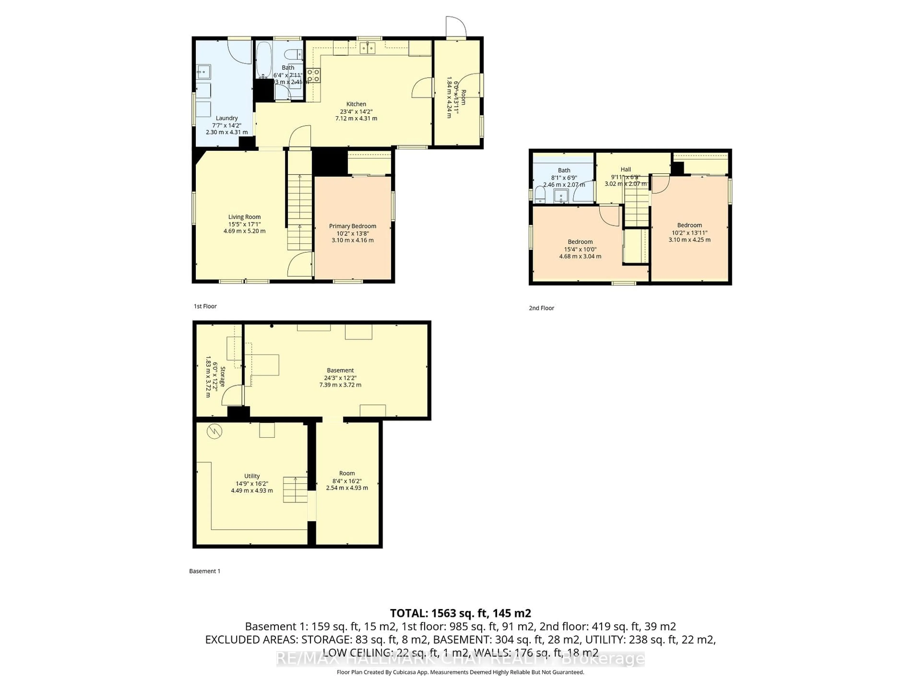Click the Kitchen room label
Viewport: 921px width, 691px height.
pyautogui.click(x=356, y=104)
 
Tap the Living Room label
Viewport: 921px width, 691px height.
pyautogui.click(x=244, y=217)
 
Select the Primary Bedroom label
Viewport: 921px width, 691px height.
pyautogui.click(x=352, y=226)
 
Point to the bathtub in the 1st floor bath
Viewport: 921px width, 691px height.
pyautogui.click(x=264, y=61)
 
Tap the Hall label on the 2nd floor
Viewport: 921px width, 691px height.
pyautogui.click(x=625, y=170)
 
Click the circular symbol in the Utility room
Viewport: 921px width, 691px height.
pyautogui.click(x=214, y=431)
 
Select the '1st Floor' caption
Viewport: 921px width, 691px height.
pyautogui.click(x=205, y=306)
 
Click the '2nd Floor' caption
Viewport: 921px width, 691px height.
pyautogui.click(x=541, y=308)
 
